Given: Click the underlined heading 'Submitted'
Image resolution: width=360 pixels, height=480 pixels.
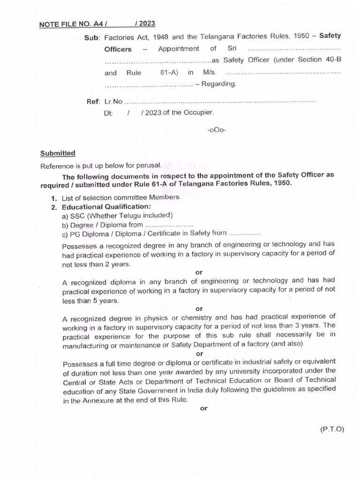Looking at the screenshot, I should tap(58, 153).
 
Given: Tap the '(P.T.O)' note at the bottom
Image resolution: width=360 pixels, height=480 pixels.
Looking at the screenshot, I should tap(333, 428).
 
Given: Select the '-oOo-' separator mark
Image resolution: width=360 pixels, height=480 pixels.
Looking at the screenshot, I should tap(216, 130).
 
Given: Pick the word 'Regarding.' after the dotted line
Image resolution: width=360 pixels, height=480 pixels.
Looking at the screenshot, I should tap(219, 84).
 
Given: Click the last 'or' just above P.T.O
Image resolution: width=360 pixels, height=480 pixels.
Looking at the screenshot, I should tap(203, 408).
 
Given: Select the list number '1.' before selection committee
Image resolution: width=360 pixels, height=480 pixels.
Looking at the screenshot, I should tap(54, 198).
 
